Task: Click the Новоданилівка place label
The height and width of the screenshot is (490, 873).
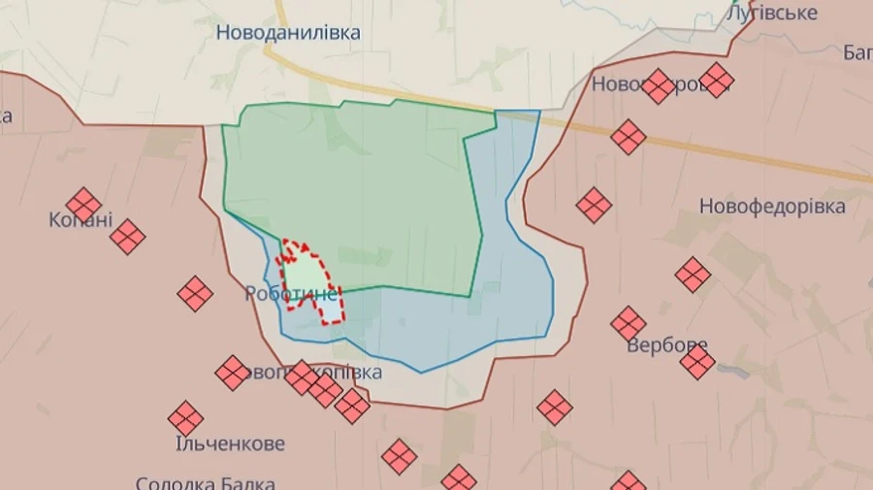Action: click(288, 33)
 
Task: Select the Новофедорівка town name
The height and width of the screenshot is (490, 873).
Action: click(772, 207)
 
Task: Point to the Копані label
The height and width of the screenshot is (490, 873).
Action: click(80, 220)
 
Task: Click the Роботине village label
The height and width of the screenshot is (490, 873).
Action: click(291, 293)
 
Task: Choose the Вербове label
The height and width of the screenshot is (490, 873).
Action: click(666, 345)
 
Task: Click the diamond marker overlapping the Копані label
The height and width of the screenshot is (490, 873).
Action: click(83, 205)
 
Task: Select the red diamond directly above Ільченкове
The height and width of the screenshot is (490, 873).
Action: click(185, 418)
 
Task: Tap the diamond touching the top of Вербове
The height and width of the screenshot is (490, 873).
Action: click(629, 324)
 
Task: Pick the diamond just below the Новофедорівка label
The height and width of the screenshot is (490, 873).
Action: click(693, 275)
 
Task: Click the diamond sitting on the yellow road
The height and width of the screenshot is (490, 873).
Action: click(629, 137)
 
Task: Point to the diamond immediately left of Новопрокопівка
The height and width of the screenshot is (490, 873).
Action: click(233, 373)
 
